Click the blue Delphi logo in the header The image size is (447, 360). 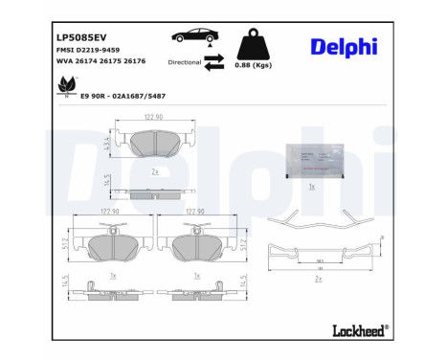(344, 47)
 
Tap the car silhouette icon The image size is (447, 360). (192, 36)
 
